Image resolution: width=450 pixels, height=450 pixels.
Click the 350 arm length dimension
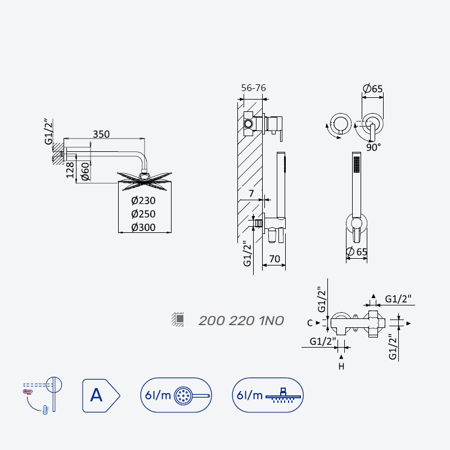point(101,134)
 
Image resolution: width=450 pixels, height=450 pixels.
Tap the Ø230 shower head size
point(143,200)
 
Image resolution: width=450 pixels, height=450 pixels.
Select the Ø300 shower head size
point(143,227)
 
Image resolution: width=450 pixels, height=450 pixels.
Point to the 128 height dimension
point(70,170)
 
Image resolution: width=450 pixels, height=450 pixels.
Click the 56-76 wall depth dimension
point(254,88)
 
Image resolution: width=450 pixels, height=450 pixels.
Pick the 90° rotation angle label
point(373,147)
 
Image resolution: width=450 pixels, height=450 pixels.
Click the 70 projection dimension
point(274,259)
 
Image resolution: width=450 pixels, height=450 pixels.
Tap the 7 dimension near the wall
point(251,193)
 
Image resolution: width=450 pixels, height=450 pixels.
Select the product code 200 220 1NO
point(241,321)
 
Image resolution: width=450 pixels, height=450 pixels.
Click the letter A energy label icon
point(101,395)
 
